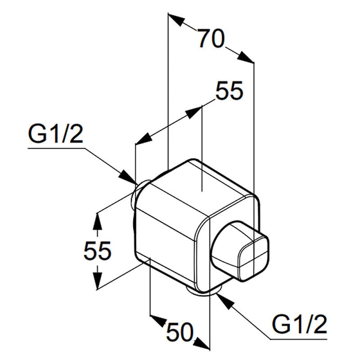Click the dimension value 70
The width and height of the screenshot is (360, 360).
pos(211,40)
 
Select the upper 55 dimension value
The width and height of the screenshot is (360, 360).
pos(229,91)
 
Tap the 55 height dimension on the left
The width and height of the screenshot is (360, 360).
pos(97,250)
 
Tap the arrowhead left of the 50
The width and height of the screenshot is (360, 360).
pos(157,320)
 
